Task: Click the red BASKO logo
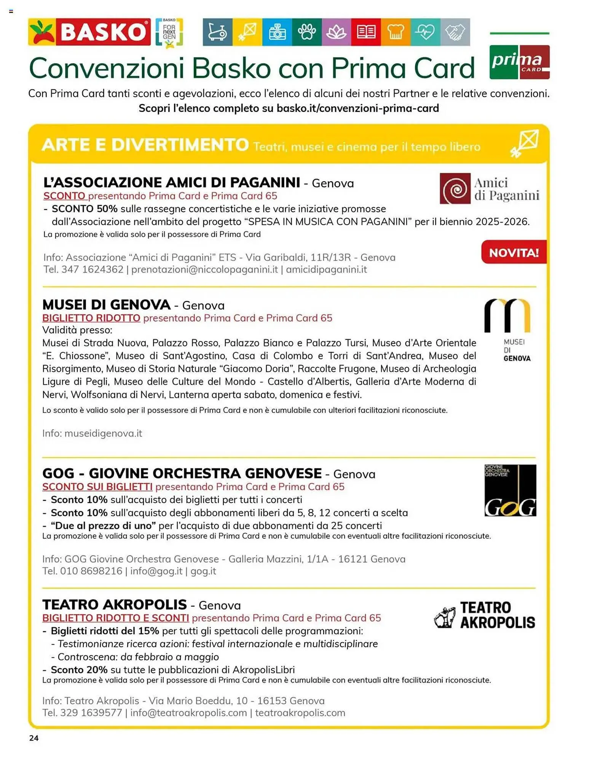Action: point(89,32)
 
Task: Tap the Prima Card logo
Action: point(519,62)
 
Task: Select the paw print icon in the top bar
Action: point(307,32)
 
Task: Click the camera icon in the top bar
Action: point(277,32)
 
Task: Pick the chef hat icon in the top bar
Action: point(396,32)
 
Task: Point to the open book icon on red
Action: point(366,32)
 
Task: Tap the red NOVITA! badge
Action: point(514,252)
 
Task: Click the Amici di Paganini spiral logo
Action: point(455,189)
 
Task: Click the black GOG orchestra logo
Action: point(510,490)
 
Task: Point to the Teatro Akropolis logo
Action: point(484,615)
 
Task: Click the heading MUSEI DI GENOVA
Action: point(106,305)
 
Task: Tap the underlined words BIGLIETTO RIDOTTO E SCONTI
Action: point(116,618)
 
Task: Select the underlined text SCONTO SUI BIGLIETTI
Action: point(97,487)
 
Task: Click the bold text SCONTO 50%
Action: point(85,209)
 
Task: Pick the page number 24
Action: point(34,738)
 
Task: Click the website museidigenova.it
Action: point(103,433)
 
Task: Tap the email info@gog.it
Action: point(156,571)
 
